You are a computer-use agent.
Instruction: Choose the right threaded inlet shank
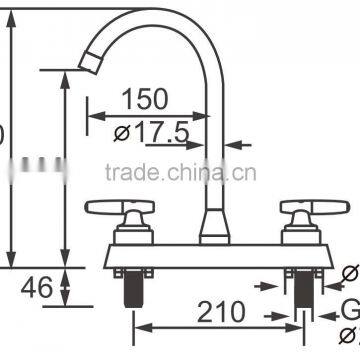coord(302,292)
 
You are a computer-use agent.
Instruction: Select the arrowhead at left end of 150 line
coord(91,113)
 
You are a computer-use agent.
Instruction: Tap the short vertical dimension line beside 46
coord(65,289)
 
